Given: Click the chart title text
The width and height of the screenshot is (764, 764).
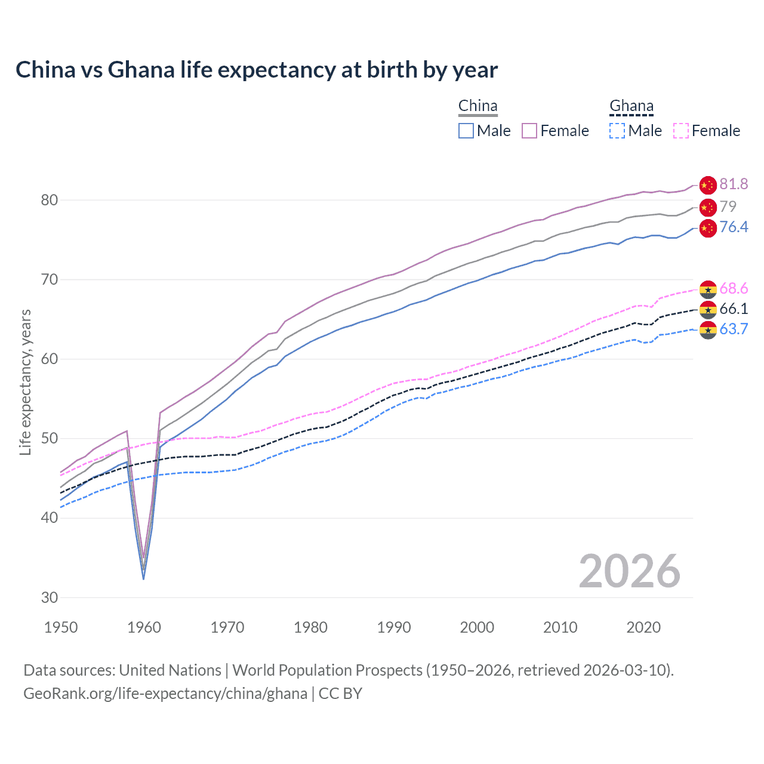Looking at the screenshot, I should click(x=257, y=70).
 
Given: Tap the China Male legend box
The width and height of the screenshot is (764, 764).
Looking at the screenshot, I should click(x=466, y=131).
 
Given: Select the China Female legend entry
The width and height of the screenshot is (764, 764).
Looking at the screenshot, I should click(x=555, y=131).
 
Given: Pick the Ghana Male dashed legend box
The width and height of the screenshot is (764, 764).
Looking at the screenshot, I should click(x=617, y=131).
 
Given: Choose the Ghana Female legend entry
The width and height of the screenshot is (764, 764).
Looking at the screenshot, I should click(x=707, y=131).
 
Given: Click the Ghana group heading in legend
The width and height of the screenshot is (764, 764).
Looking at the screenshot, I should click(x=631, y=106).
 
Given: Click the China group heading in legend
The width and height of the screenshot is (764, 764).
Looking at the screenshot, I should click(x=478, y=106).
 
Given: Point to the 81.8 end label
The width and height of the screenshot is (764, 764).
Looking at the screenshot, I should click(x=734, y=184).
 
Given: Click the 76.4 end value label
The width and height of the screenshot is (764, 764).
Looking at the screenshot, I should click(x=734, y=227).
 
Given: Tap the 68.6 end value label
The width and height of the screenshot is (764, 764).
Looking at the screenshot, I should click(x=734, y=289).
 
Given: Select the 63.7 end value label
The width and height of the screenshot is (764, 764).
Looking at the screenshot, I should click(x=734, y=329).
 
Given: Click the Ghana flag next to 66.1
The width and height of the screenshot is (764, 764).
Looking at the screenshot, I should click(x=708, y=309).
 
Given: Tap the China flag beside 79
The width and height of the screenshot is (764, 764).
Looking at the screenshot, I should click(x=708, y=207).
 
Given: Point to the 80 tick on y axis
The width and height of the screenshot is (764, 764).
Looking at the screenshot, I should click(x=50, y=200).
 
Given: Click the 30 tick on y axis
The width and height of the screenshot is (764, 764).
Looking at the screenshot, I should click(x=50, y=597).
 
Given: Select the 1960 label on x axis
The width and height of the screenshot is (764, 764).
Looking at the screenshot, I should click(x=144, y=627).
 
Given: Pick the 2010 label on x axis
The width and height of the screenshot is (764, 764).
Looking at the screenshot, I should click(x=560, y=627).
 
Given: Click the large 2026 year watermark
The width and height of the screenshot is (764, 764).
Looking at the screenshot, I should click(x=629, y=571).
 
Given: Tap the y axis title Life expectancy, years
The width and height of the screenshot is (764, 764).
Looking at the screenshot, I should click(x=25, y=382).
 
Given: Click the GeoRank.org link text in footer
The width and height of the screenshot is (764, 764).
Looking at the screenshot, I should click(x=165, y=694).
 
